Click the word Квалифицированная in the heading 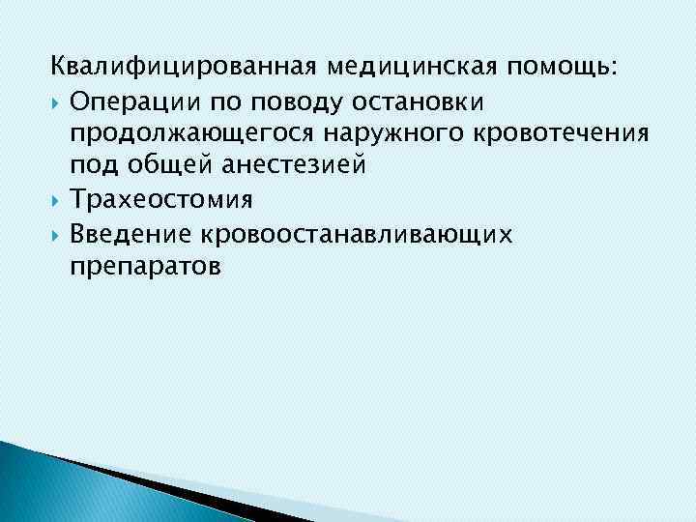(184, 68)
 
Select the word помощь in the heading (564, 68)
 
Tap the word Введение (130, 232)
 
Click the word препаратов (145, 265)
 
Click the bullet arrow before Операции (57, 101)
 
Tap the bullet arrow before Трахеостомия (57, 199)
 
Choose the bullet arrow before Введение (57, 232)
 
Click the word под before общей (91, 166)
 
